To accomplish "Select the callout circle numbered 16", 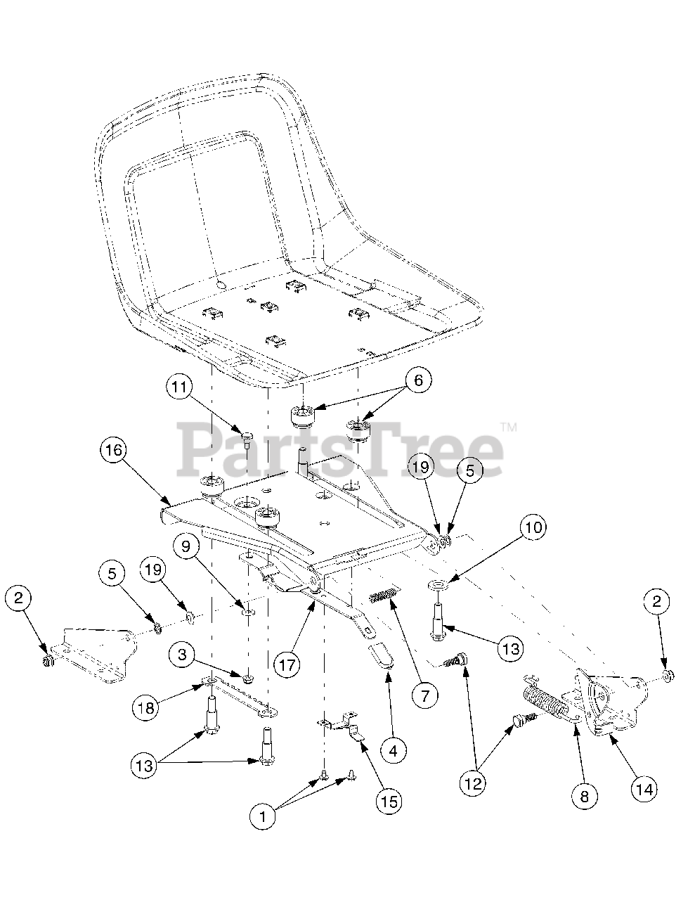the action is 115,450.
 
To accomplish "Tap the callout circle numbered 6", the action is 417,380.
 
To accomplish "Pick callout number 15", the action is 389,801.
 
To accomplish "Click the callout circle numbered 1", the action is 263,816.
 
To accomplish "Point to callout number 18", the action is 146,708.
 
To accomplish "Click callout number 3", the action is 182,655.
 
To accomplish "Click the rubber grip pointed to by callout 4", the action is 382,653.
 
